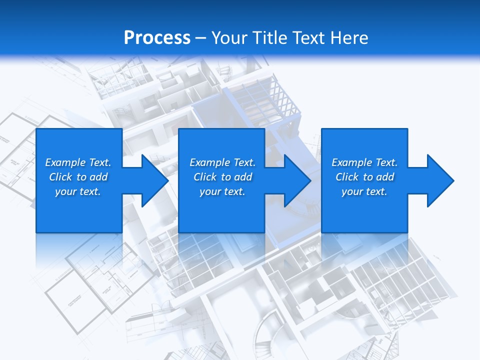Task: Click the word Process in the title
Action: (157, 38)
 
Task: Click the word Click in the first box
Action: (60, 177)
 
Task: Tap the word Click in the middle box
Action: (205, 177)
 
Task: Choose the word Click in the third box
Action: (347, 177)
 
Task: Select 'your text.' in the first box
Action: (78, 191)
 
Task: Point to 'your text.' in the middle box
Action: (222, 191)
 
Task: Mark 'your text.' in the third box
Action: (364, 191)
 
